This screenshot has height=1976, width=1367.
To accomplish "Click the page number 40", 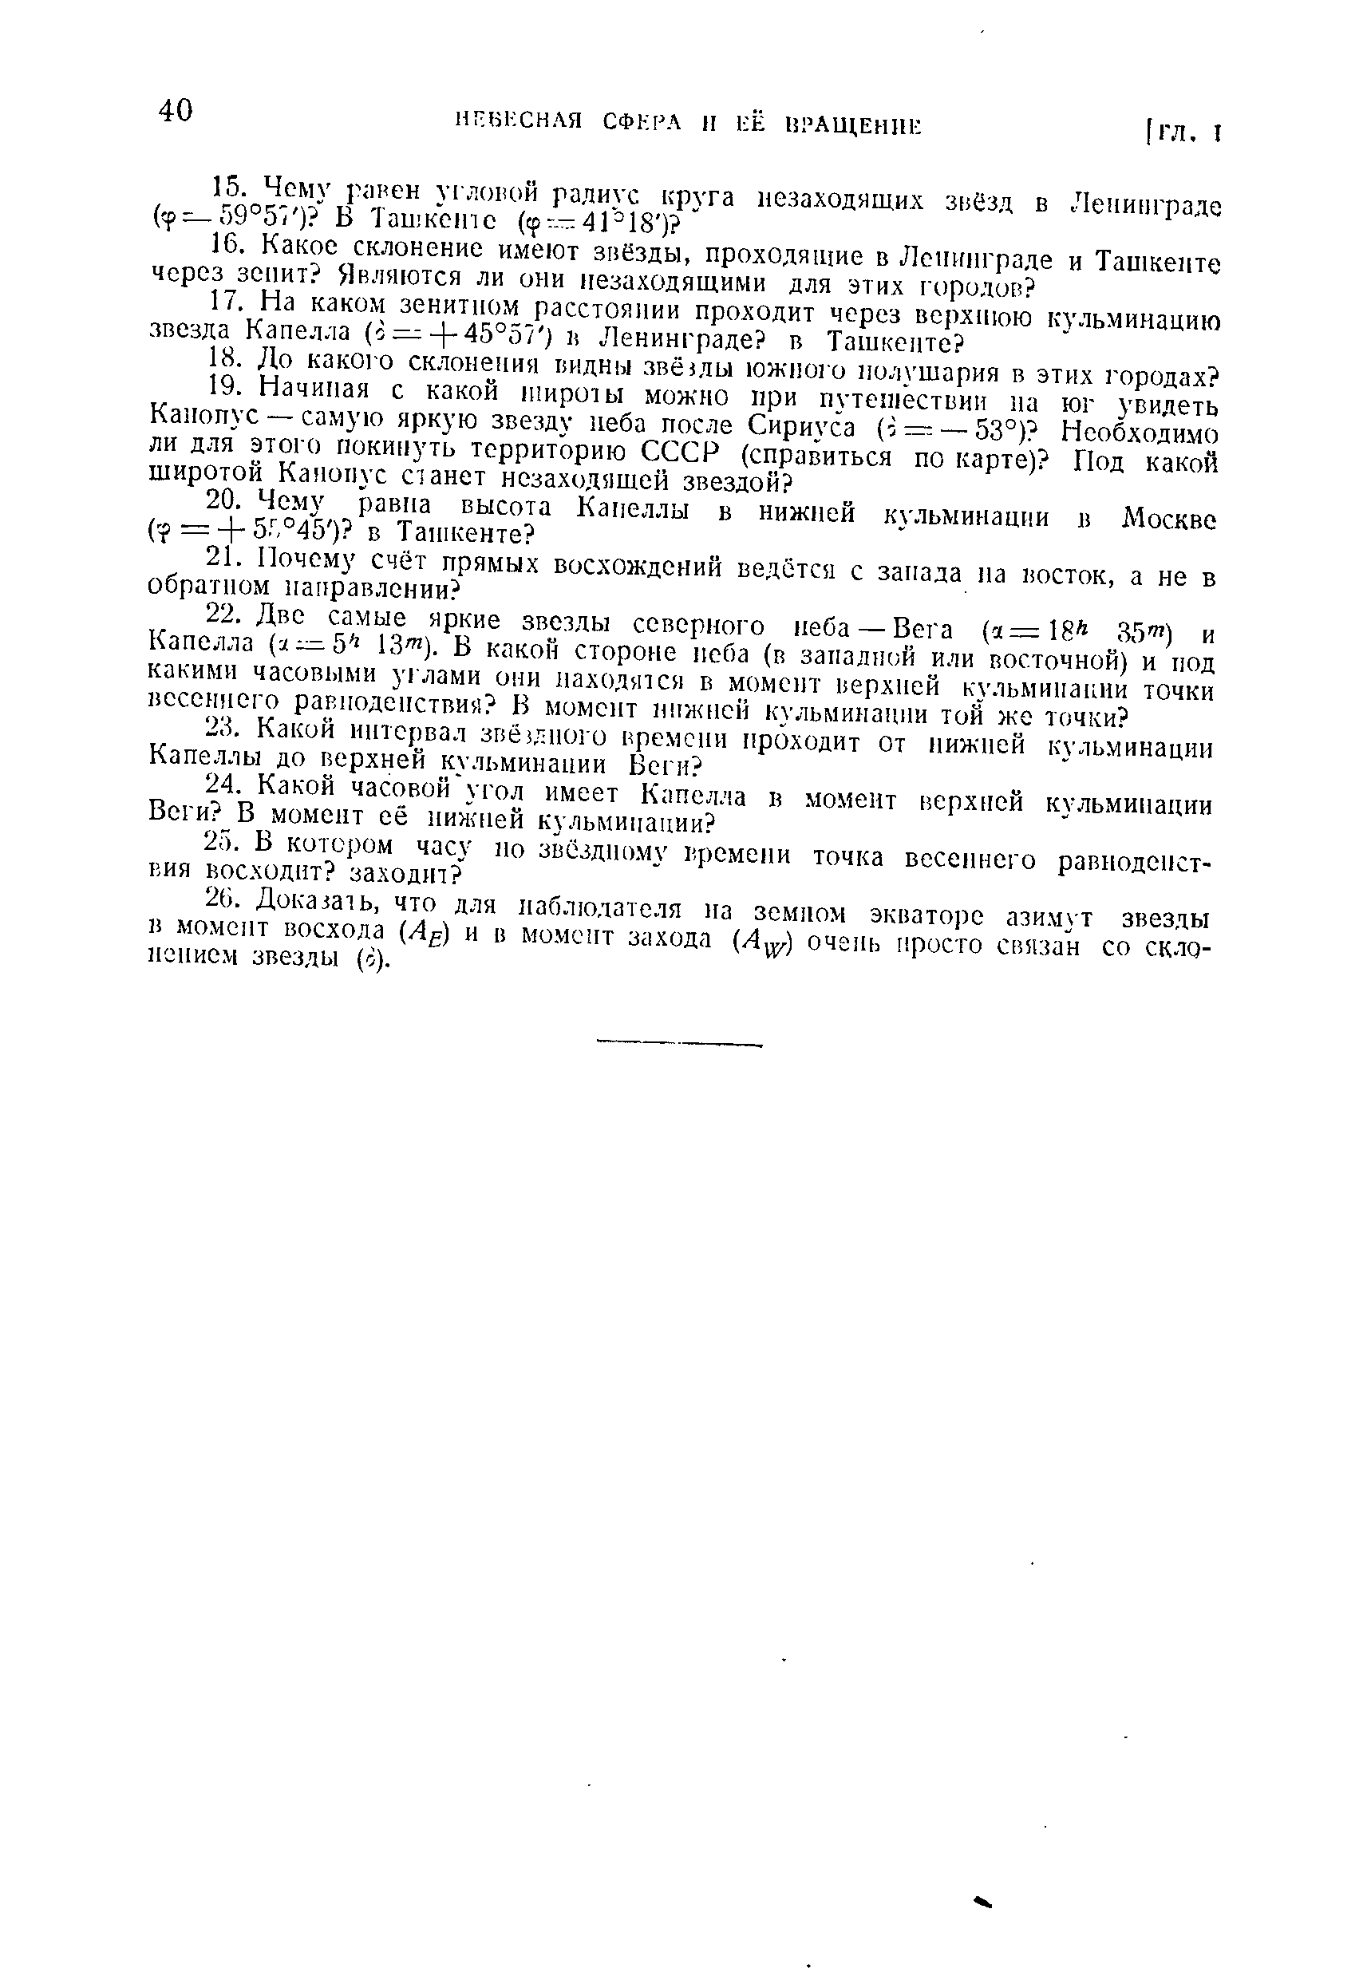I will click(176, 110).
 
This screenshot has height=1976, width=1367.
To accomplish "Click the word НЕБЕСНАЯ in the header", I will click(518, 121).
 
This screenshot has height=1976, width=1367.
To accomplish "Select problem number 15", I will click(229, 184).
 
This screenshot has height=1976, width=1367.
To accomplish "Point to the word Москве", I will click(1170, 519).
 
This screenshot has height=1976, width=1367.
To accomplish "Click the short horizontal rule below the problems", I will click(678, 1043).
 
